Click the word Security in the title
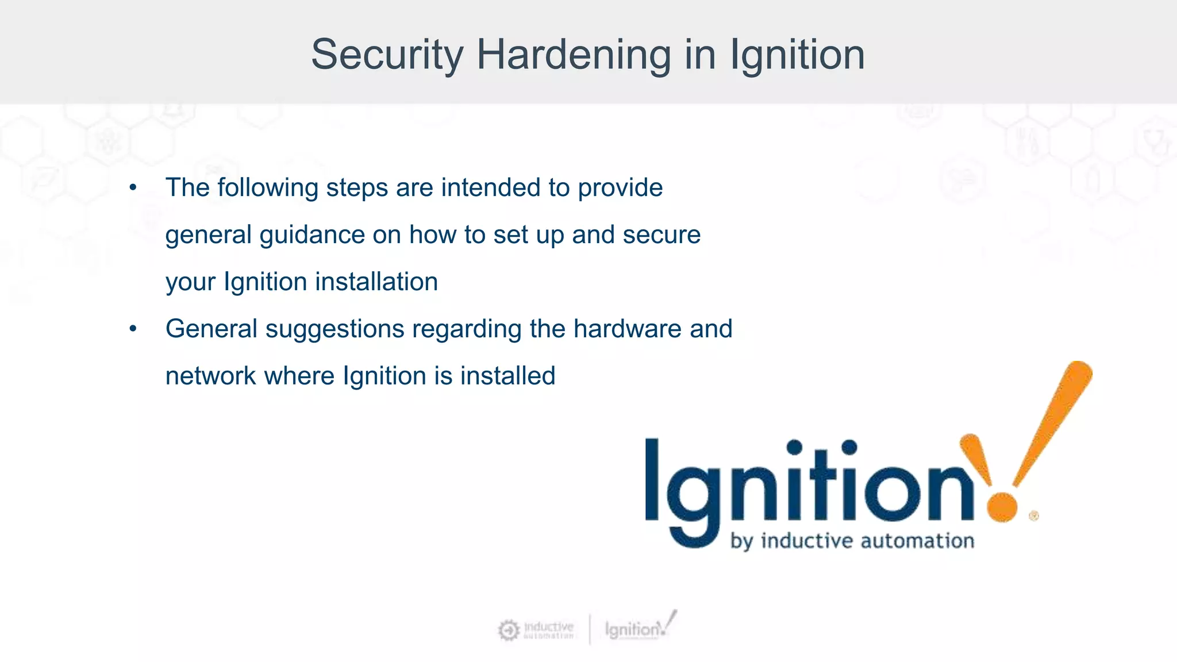387,56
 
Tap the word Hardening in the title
574,56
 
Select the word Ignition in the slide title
797,56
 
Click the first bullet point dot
133,188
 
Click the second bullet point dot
133,329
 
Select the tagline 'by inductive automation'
852,541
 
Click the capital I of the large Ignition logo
652,479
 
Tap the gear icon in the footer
508,630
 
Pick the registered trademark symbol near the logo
1033,516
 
